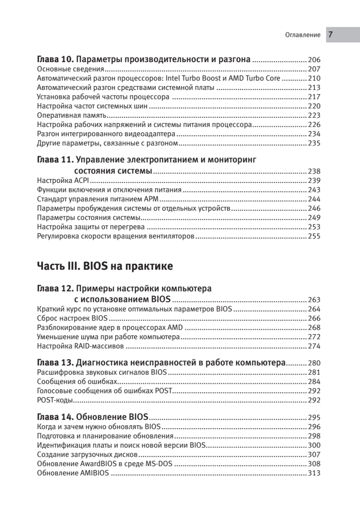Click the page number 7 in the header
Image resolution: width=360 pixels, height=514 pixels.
[x=331, y=35]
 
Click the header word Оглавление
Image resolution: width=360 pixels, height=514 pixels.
[x=303, y=35]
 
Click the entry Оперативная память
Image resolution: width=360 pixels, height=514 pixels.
[x=71, y=116]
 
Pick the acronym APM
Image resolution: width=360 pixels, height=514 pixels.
[x=152, y=199]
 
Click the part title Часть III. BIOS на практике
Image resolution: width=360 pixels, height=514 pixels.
[x=105, y=266]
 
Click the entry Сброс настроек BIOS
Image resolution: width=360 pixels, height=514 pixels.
[x=72, y=318]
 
